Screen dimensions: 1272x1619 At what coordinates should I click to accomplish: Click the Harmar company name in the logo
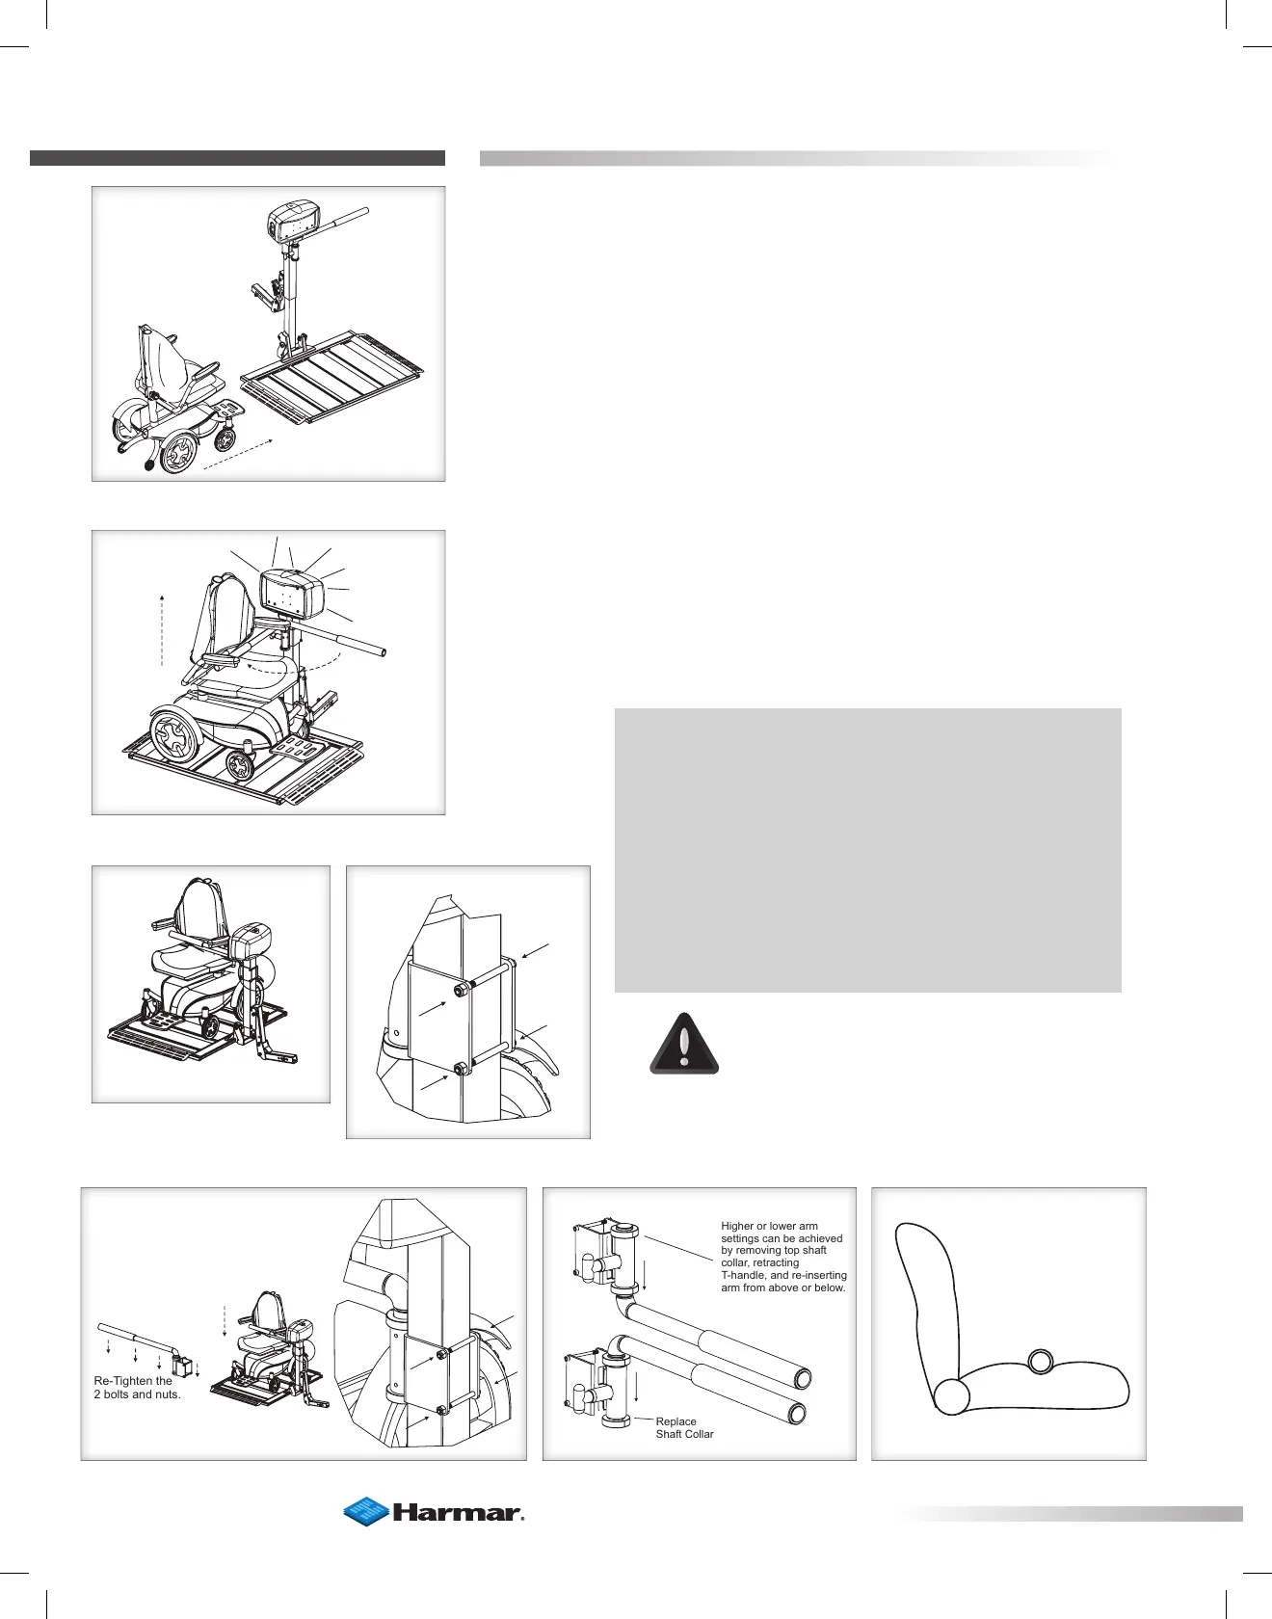[456, 1512]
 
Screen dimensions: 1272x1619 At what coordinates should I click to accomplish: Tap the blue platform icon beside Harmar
[366, 1511]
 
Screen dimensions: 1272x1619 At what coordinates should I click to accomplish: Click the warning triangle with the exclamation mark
[684, 1045]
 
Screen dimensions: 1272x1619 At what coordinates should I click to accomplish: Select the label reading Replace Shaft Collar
[684, 1427]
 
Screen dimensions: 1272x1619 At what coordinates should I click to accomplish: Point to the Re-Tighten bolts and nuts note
[137, 1388]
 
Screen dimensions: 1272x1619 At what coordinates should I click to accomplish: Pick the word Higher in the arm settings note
[737, 1226]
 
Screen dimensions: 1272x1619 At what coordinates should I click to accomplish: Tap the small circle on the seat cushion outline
[1041, 1362]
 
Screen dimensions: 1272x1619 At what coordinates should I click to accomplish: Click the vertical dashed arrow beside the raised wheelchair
[162, 631]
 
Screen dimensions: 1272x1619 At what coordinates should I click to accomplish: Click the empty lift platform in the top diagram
[332, 376]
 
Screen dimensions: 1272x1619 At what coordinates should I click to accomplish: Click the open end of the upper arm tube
[799, 1377]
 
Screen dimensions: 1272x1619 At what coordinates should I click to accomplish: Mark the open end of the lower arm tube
[796, 1413]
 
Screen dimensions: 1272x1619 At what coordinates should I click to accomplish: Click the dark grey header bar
[237, 158]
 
